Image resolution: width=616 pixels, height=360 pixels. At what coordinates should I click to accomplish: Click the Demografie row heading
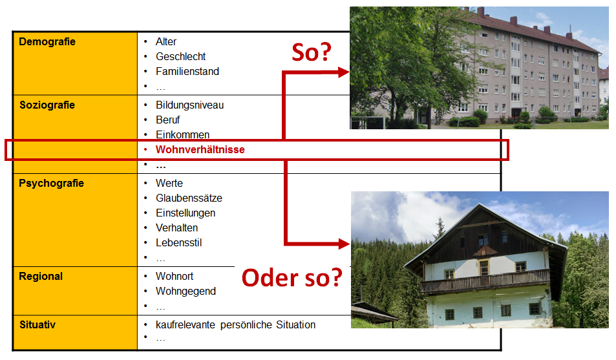47,41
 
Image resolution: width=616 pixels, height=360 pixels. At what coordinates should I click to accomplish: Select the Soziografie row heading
47,105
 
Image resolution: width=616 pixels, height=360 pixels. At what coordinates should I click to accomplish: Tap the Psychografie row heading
52,184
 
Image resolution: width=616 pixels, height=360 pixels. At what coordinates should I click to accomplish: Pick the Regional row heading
41,276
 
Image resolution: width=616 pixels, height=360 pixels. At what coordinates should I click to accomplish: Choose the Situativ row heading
37,324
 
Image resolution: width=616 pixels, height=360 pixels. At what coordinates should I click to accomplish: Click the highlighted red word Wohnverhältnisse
200,150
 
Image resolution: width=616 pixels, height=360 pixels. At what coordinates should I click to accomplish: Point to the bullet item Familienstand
187,72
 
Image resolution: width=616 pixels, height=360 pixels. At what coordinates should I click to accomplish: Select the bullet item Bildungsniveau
190,105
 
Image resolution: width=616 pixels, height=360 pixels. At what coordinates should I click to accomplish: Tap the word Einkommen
183,135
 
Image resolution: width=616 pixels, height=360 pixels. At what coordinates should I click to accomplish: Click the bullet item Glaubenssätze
189,198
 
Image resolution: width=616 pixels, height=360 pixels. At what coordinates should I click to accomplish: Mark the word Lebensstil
179,243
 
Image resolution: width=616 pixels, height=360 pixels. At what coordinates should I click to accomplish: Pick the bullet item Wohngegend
186,291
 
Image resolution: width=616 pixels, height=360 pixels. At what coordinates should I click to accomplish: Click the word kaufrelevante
186,324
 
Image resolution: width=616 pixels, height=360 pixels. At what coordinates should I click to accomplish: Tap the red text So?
312,52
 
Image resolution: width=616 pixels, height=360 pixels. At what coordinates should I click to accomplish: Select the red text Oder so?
292,277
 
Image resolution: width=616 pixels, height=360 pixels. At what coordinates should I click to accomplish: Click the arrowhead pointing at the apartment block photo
343,72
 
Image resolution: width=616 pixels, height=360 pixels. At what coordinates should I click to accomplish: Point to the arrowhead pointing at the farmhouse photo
343,244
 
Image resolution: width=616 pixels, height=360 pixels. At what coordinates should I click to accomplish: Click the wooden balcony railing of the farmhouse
485,281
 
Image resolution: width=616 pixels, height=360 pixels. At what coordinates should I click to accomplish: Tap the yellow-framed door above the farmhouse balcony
484,267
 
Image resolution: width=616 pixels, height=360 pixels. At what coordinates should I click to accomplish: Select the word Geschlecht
181,57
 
